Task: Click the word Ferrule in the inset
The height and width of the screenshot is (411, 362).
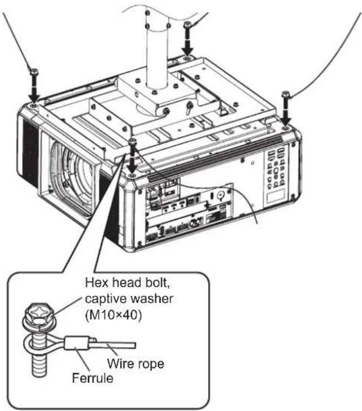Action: (x=92, y=378)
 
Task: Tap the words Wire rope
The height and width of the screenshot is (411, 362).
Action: (x=135, y=364)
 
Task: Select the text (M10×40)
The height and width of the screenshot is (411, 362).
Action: (x=113, y=315)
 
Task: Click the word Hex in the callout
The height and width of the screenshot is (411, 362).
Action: (x=95, y=282)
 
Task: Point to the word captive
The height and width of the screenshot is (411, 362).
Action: (x=105, y=299)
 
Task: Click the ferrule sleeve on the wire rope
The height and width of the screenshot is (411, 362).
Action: (x=77, y=343)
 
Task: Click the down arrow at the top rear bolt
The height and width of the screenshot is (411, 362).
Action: (x=188, y=42)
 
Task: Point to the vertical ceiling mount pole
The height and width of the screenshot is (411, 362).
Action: (x=157, y=53)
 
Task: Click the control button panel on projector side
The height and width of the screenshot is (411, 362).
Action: (x=275, y=167)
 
